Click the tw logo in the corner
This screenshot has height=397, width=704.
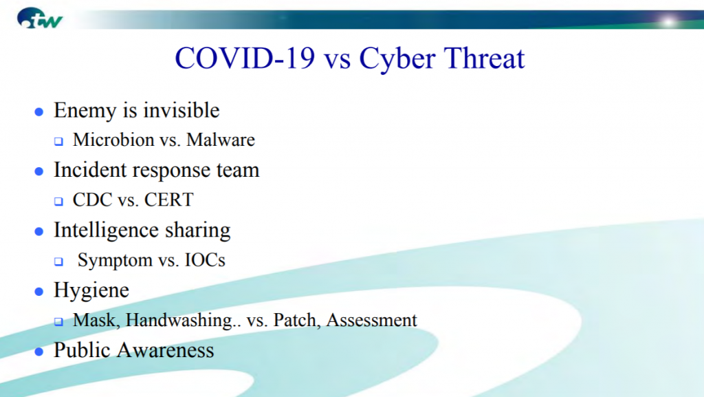[x=39, y=19]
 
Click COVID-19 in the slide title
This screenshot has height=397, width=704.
[x=245, y=58]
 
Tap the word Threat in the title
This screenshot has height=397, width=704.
[x=485, y=58]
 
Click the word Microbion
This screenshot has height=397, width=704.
[x=113, y=140]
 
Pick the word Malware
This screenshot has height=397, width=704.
[x=221, y=140]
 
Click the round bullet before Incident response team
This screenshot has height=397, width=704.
[x=39, y=171]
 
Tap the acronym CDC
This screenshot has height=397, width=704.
[x=93, y=200]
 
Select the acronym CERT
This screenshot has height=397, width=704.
[x=169, y=200]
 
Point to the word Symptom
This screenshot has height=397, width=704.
[x=115, y=261]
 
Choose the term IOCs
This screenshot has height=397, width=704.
[x=205, y=260]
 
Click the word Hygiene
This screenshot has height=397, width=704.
[x=91, y=290]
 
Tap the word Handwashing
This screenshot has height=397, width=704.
[x=179, y=320]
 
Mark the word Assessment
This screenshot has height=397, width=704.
[x=372, y=320]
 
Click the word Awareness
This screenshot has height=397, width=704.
[x=165, y=350]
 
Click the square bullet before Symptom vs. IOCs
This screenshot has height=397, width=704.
[x=59, y=261]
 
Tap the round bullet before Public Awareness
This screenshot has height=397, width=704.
[x=39, y=352]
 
